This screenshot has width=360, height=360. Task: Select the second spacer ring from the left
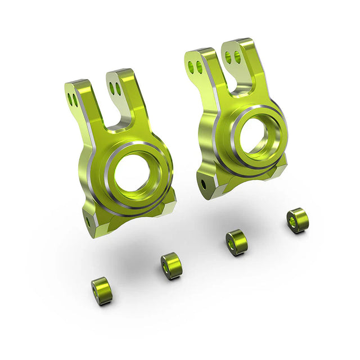[x=171, y=265]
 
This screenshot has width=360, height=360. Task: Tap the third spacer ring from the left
[x=236, y=242]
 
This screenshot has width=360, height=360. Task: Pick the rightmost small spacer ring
[x=297, y=220]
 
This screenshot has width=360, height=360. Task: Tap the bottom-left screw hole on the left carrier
[x=88, y=221]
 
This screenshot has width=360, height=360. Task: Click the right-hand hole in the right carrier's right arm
[x=238, y=56]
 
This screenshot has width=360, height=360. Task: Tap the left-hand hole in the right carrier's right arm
[x=228, y=57]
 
